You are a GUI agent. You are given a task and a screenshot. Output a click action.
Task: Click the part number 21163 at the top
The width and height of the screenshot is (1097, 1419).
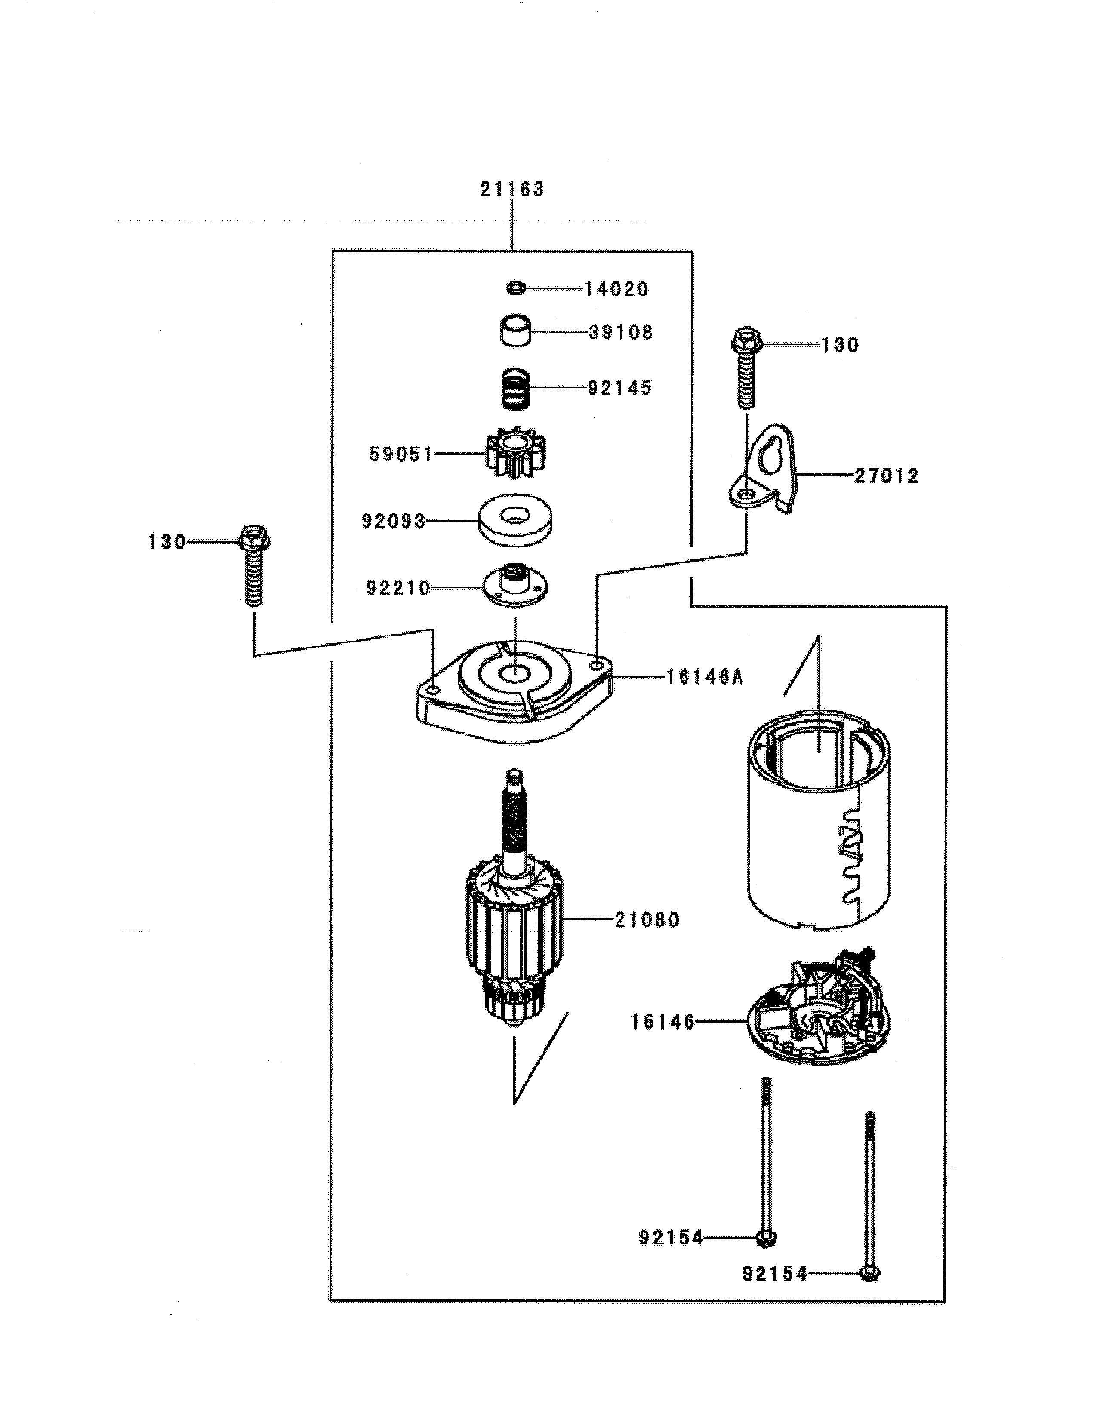coord(512,190)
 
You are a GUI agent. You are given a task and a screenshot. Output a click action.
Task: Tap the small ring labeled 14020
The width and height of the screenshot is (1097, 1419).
coord(516,288)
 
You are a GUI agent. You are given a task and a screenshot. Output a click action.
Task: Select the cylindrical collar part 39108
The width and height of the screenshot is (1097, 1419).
coord(516,332)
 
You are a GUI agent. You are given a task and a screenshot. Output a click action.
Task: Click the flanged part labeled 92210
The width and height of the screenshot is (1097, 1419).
coord(515,585)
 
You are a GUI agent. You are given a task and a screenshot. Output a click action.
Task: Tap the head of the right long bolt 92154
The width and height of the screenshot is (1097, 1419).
coord(869,1274)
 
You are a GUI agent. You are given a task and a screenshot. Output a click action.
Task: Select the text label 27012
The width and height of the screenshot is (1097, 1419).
coord(886,476)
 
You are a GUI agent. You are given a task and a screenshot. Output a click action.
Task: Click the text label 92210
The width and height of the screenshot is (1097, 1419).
coord(398,589)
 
